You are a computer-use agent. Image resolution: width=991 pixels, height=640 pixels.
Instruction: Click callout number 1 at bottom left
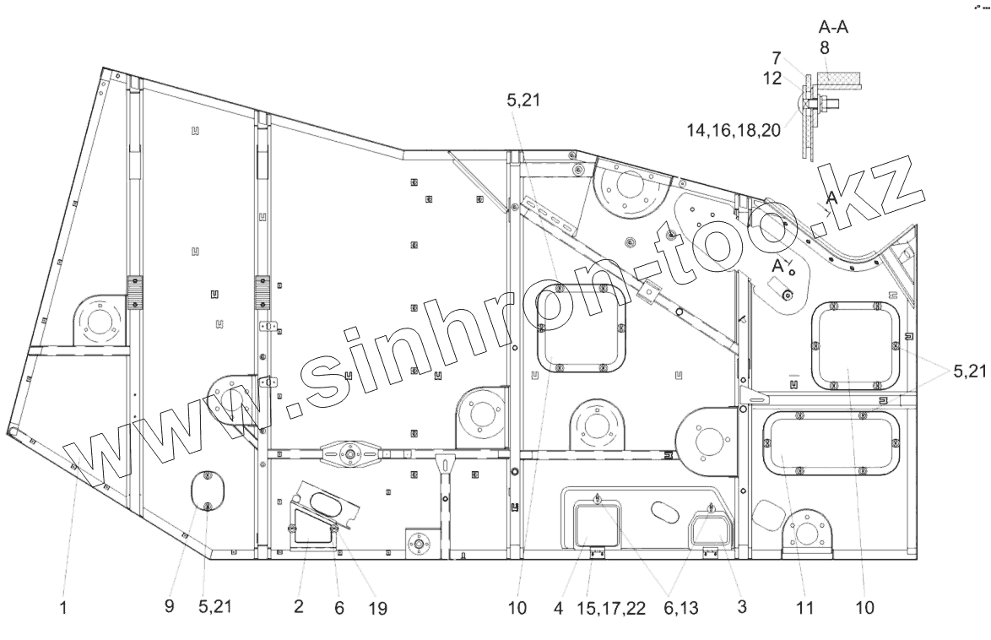pyautogui.click(x=63, y=607)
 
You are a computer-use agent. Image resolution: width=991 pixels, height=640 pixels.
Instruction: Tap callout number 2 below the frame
pyautogui.click(x=299, y=607)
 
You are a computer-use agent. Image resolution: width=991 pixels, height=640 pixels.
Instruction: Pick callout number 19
pyautogui.click(x=378, y=607)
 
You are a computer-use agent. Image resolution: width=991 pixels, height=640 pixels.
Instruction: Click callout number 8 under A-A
pyautogui.click(x=825, y=48)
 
